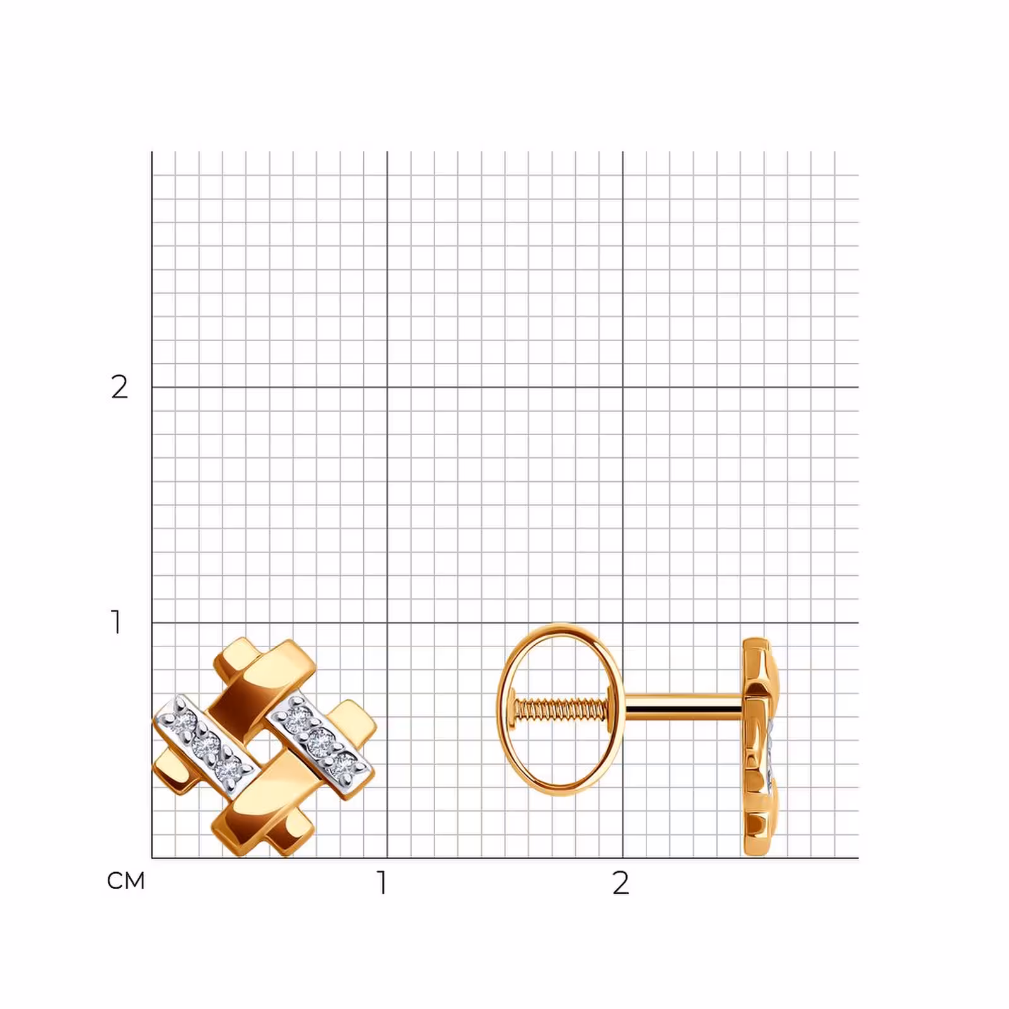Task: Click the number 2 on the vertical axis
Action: pos(119,387)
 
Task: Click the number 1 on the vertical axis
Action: pos(116,622)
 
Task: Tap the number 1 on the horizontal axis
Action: pos(382,883)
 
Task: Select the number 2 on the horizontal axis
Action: pos(621,883)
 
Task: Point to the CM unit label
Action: pos(126,881)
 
